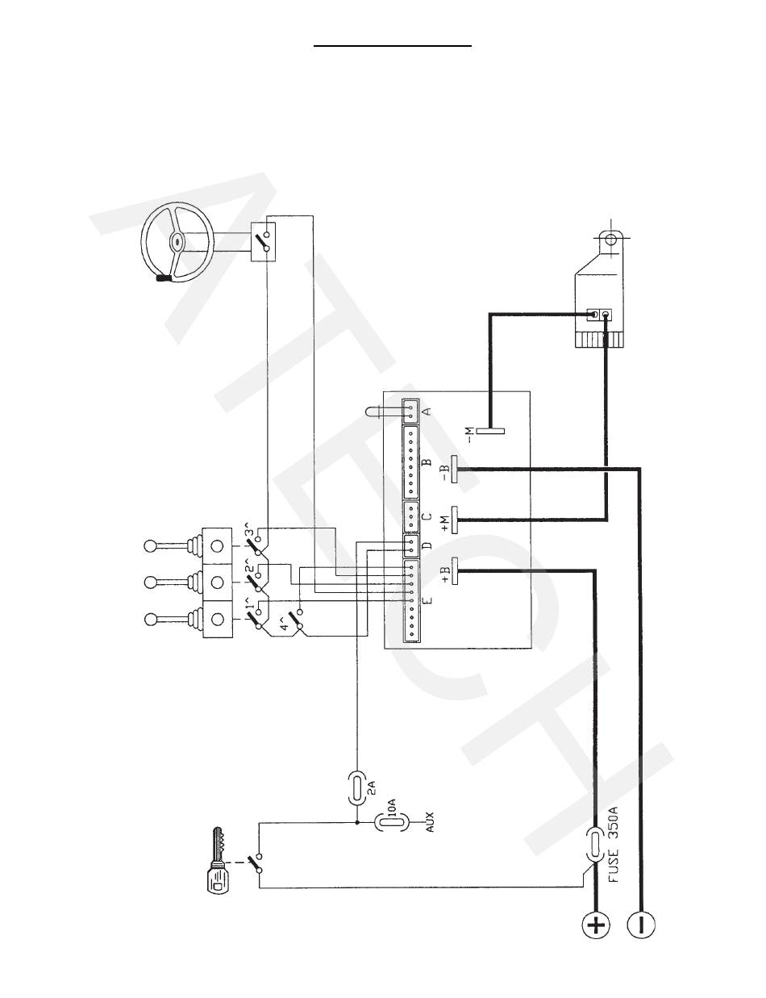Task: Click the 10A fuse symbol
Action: [381, 824]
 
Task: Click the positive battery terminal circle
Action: [596, 925]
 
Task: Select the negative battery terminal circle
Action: [641, 925]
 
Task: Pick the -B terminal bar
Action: [456, 468]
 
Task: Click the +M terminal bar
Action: [456, 520]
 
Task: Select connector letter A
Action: [427, 410]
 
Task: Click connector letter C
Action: [427, 516]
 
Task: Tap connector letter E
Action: [427, 601]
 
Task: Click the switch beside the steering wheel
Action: [261, 240]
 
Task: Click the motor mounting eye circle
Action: [610, 240]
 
